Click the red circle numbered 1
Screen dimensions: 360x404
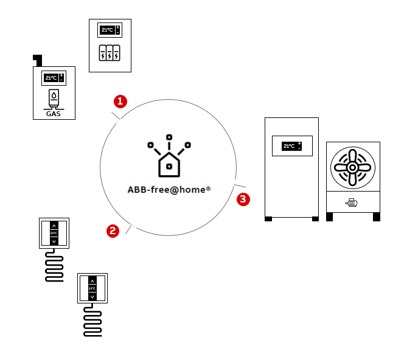click(121, 100)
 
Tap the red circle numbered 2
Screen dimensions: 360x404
click(113, 230)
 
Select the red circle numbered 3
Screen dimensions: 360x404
click(243, 198)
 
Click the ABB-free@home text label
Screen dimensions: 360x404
click(169, 189)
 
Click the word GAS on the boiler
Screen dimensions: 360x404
click(54, 113)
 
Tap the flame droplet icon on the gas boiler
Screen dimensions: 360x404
click(54, 96)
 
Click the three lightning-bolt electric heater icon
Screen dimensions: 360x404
click(110, 52)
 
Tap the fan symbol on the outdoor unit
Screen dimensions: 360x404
click(352, 167)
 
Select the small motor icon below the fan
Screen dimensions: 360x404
click(352, 203)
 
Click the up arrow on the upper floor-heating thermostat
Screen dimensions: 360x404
click(54, 224)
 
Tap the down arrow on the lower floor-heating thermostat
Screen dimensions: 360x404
click(92, 296)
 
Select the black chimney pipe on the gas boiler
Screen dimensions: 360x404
click(38, 60)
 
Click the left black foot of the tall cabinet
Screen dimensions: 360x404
click(268, 218)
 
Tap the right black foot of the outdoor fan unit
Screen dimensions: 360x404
click(377, 217)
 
